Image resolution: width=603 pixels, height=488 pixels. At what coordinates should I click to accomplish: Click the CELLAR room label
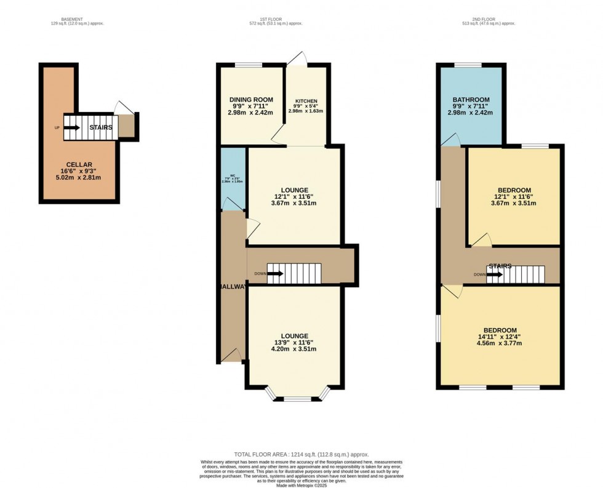[x=79, y=164]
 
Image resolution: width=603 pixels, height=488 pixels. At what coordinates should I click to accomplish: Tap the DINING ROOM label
[x=250, y=100]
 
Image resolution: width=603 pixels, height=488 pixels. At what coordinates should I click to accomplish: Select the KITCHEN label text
[x=306, y=101]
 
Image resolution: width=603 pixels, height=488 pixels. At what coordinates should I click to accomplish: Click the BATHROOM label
[x=471, y=100]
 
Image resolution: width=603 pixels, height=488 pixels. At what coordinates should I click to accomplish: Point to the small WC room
[x=233, y=178]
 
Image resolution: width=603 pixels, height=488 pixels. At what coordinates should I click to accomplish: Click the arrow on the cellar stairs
[x=71, y=127]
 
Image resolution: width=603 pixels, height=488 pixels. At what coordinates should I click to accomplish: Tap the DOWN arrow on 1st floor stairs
[x=274, y=273]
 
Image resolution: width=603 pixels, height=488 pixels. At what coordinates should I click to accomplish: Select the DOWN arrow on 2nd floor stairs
[x=493, y=274]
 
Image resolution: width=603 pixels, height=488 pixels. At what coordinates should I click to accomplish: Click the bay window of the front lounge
[x=297, y=397]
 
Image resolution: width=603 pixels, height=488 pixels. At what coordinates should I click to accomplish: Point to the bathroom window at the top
[x=468, y=65]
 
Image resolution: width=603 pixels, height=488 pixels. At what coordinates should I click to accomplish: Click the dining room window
[x=249, y=65]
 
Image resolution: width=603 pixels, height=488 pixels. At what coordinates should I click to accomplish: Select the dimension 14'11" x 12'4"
[x=500, y=337]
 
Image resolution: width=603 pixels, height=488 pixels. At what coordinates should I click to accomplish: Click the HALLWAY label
[x=231, y=287]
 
